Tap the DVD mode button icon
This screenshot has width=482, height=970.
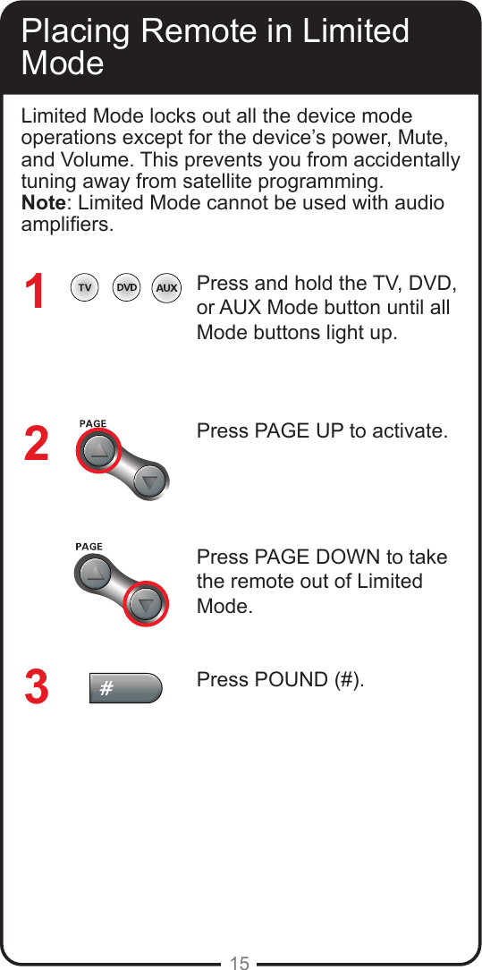pos(126,288)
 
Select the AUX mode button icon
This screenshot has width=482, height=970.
pos(166,288)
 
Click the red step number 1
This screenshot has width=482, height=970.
pos(35,293)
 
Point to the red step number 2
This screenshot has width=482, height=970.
pos(36,444)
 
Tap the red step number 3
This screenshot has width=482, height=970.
pos(36,687)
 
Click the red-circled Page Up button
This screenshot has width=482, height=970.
pos(97,450)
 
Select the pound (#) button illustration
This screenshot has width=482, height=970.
pos(125,688)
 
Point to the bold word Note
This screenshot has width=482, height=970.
pos(42,202)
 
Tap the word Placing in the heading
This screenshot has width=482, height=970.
pos(77,31)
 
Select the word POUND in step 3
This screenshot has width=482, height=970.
pos(293,679)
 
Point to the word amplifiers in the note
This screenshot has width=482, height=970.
pos(66,224)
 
